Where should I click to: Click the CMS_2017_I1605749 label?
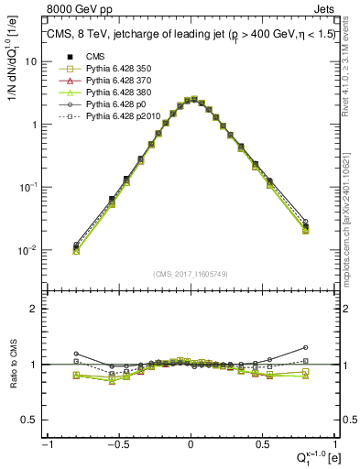[x=190, y=274]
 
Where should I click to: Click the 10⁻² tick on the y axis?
[x=28, y=250]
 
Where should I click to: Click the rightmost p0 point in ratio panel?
[x=305, y=347]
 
